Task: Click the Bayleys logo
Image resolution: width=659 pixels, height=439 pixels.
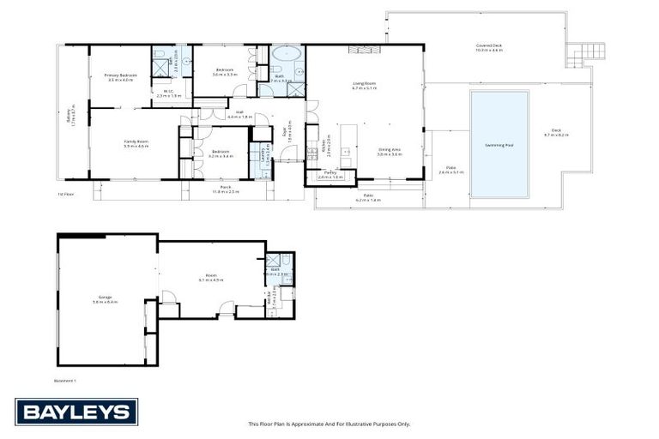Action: point(76,412)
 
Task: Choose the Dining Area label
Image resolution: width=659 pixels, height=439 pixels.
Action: point(390,151)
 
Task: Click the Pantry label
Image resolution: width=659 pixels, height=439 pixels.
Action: point(330,175)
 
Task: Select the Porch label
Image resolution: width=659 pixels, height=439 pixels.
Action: point(225,188)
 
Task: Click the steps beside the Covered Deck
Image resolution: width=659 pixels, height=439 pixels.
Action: point(579,54)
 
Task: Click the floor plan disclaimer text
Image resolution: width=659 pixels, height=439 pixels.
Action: point(329,424)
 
